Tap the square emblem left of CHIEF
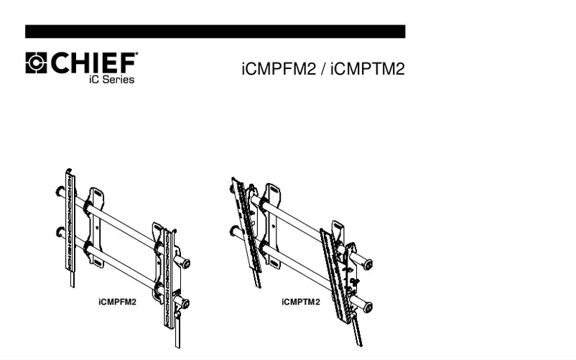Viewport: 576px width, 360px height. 36,63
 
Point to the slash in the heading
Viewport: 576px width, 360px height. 321,71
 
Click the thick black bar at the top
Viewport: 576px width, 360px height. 215,32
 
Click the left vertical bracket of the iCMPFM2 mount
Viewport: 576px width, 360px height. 70,223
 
